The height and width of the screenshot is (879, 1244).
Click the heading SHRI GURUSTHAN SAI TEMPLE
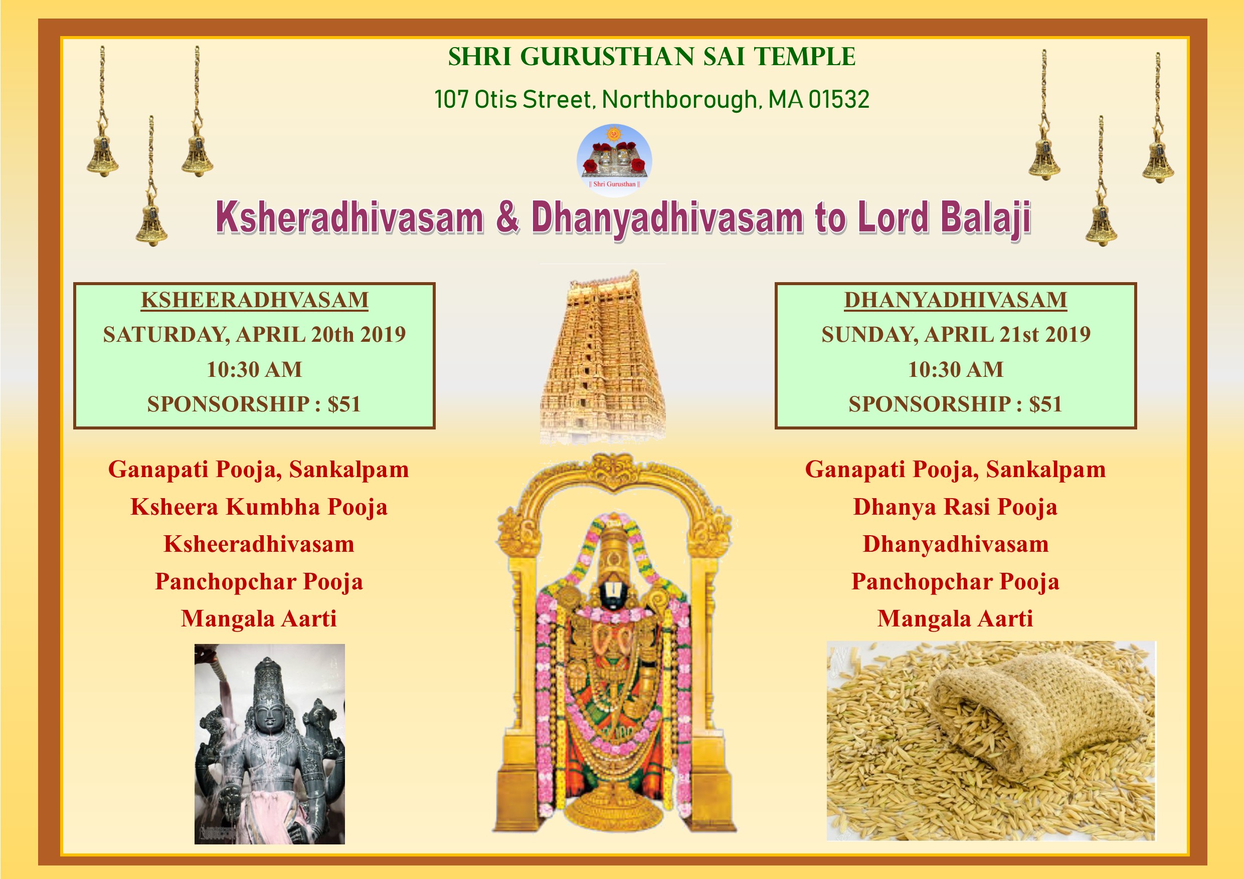651,57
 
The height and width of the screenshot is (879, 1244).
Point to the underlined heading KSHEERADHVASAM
254,301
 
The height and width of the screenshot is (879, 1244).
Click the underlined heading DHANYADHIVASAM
955,301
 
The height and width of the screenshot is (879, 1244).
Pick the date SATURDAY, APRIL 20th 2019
254,335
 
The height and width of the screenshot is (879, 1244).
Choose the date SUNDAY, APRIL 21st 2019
956,335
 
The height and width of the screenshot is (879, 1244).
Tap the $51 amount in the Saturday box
343,404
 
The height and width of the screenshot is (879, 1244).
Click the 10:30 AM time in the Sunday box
956,370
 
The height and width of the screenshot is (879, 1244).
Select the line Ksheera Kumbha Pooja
259,508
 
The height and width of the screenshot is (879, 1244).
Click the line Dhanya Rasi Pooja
955,508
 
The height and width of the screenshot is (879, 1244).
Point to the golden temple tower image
603,357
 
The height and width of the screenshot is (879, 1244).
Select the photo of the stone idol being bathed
269,744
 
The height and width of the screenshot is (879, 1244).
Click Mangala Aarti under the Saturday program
259,619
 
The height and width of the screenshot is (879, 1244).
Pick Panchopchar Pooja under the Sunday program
955,582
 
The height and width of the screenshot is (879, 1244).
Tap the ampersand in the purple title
507,216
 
